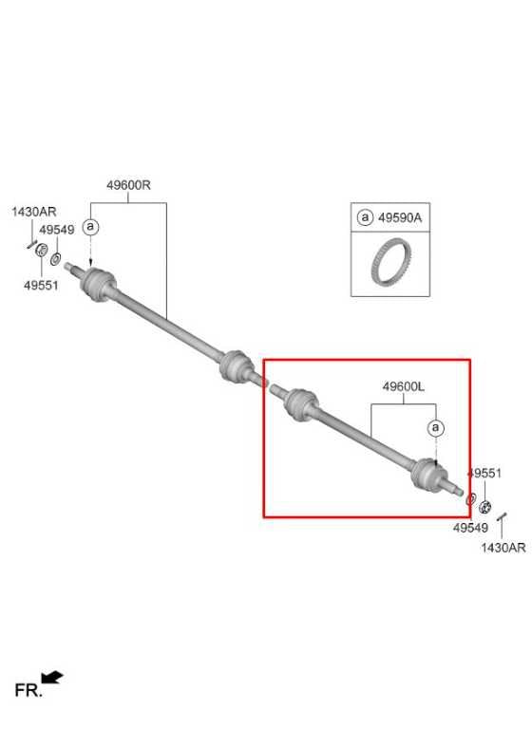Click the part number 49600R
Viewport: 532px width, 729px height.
(x=128, y=185)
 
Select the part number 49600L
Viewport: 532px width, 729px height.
(x=404, y=386)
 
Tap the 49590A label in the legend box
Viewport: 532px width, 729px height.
(x=400, y=217)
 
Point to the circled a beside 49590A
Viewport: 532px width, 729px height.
(x=365, y=217)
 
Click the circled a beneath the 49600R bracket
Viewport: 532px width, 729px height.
(x=91, y=227)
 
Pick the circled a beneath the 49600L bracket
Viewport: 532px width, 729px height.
(x=436, y=427)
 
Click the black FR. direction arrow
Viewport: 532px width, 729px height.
(x=52, y=678)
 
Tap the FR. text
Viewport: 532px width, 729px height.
(x=28, y=690)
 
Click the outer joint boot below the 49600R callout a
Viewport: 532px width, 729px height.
(x=98, y=284)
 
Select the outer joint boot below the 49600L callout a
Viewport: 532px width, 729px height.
(x=428, y=476)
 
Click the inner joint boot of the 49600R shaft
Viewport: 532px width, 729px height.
(x=237, y=366)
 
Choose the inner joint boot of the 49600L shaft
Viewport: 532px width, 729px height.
(x=301, y=404)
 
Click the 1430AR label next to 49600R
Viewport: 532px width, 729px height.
(x=34, y=212)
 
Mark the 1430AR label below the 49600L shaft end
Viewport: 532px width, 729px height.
(x=503, y=548)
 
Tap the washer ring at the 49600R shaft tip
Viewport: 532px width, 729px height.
(x=55, y=258)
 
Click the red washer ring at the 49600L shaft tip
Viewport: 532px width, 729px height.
(x=470, y=500)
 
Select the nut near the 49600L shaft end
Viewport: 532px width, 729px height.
(x=485, y=507)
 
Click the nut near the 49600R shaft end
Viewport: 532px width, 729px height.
(x=41, y=250)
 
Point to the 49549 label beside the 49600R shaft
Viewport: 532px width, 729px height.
(x=57, y=230)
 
